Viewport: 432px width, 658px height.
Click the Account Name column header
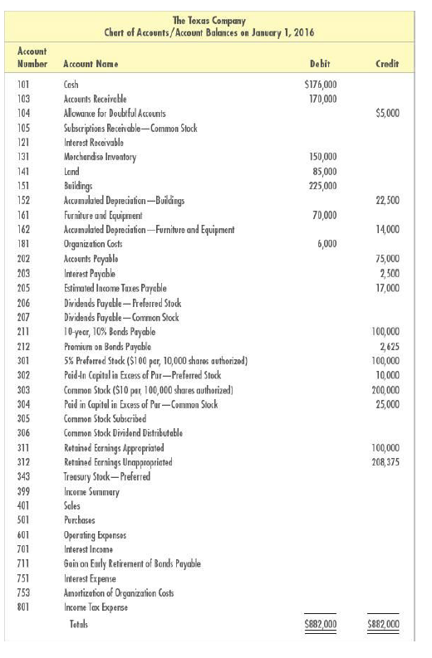click(91, 63)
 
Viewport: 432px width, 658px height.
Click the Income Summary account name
click(92, 491)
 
